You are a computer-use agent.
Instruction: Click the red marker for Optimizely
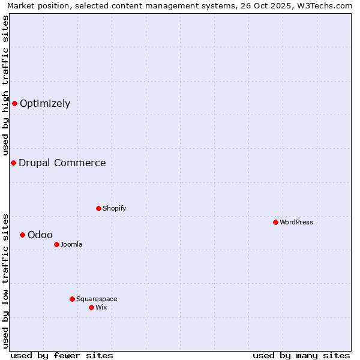pos(14,103)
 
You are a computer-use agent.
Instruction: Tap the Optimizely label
pos(45,103)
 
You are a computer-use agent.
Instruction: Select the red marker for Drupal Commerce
pos(13,163)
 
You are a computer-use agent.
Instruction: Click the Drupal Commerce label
pos(62,163)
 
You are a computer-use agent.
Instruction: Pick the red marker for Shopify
pos(98,208)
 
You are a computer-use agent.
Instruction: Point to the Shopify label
pos(114,208)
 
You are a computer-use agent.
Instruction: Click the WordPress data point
pos(275,222)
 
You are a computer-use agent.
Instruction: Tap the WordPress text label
pos(296,222)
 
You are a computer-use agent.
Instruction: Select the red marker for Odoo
pos(22,235)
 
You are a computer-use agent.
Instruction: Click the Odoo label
pos(40,235)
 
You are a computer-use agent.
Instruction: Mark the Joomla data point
pos(56,244)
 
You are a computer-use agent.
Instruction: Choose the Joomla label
pos(71,244)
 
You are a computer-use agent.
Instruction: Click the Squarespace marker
pos(72,299)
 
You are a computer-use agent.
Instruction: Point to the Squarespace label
pos(97,299)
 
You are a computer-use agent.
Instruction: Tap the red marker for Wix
pos(91,307)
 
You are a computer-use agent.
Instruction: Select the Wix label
pos(101,307)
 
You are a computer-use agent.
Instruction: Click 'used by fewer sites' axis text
pos(62,355)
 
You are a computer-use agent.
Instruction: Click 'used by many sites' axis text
pos(301,355)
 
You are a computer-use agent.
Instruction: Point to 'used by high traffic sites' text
pos(5,85)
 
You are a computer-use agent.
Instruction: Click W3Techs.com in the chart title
pos(323,5)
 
